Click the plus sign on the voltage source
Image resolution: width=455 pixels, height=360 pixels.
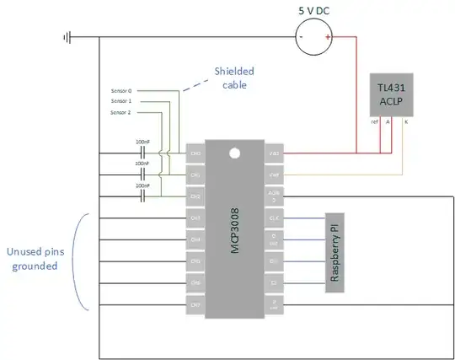(x=327, y=37)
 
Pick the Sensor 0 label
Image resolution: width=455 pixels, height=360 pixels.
(x=122, y=89)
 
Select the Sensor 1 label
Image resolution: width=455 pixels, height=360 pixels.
(x=122, y=99)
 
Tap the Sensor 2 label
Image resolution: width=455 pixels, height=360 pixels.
(x=122, y=110)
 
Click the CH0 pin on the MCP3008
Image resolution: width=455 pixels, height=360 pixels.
(x=195, y=153)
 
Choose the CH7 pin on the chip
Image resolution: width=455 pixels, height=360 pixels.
(x=195, y=304)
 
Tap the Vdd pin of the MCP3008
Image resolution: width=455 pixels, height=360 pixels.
(x=275, y=153)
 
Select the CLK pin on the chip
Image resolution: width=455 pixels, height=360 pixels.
(x=275, y=218)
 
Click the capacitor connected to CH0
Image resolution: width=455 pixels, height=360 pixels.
(x=142, y=153)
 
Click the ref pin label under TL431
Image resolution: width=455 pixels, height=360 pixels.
(x=374, y=121)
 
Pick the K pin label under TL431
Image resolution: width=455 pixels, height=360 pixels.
(x=408, y=121)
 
